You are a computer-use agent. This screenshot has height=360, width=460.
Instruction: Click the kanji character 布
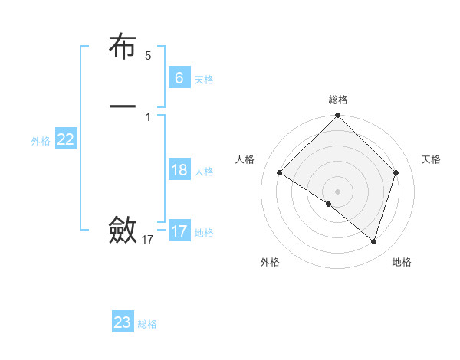123,47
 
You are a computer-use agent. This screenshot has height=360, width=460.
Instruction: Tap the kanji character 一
123,106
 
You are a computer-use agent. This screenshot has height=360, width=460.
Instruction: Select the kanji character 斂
123,229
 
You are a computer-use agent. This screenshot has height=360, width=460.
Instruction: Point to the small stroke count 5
148,56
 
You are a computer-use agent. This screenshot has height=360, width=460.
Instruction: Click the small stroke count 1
148,116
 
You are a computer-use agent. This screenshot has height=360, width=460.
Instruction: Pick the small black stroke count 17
148,240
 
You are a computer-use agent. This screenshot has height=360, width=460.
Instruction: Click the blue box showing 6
179,78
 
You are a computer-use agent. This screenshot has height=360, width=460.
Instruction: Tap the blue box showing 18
179,170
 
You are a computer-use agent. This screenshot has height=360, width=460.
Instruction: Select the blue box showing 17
179,231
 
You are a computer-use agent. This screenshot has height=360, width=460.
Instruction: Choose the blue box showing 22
66,139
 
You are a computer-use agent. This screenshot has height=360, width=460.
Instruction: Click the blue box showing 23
123,322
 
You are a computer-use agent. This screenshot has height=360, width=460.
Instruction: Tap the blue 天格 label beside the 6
204,80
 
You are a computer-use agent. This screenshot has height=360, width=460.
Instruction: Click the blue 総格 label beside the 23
147,324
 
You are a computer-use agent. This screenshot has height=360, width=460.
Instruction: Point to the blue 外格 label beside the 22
41,141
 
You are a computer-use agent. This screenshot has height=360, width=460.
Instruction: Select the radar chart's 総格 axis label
338,100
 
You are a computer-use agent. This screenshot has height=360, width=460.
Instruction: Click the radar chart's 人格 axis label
245,159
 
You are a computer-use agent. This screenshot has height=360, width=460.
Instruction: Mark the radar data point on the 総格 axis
338,116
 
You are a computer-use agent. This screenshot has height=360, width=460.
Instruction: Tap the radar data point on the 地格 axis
374,241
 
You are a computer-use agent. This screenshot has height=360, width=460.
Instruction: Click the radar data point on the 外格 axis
329,204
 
